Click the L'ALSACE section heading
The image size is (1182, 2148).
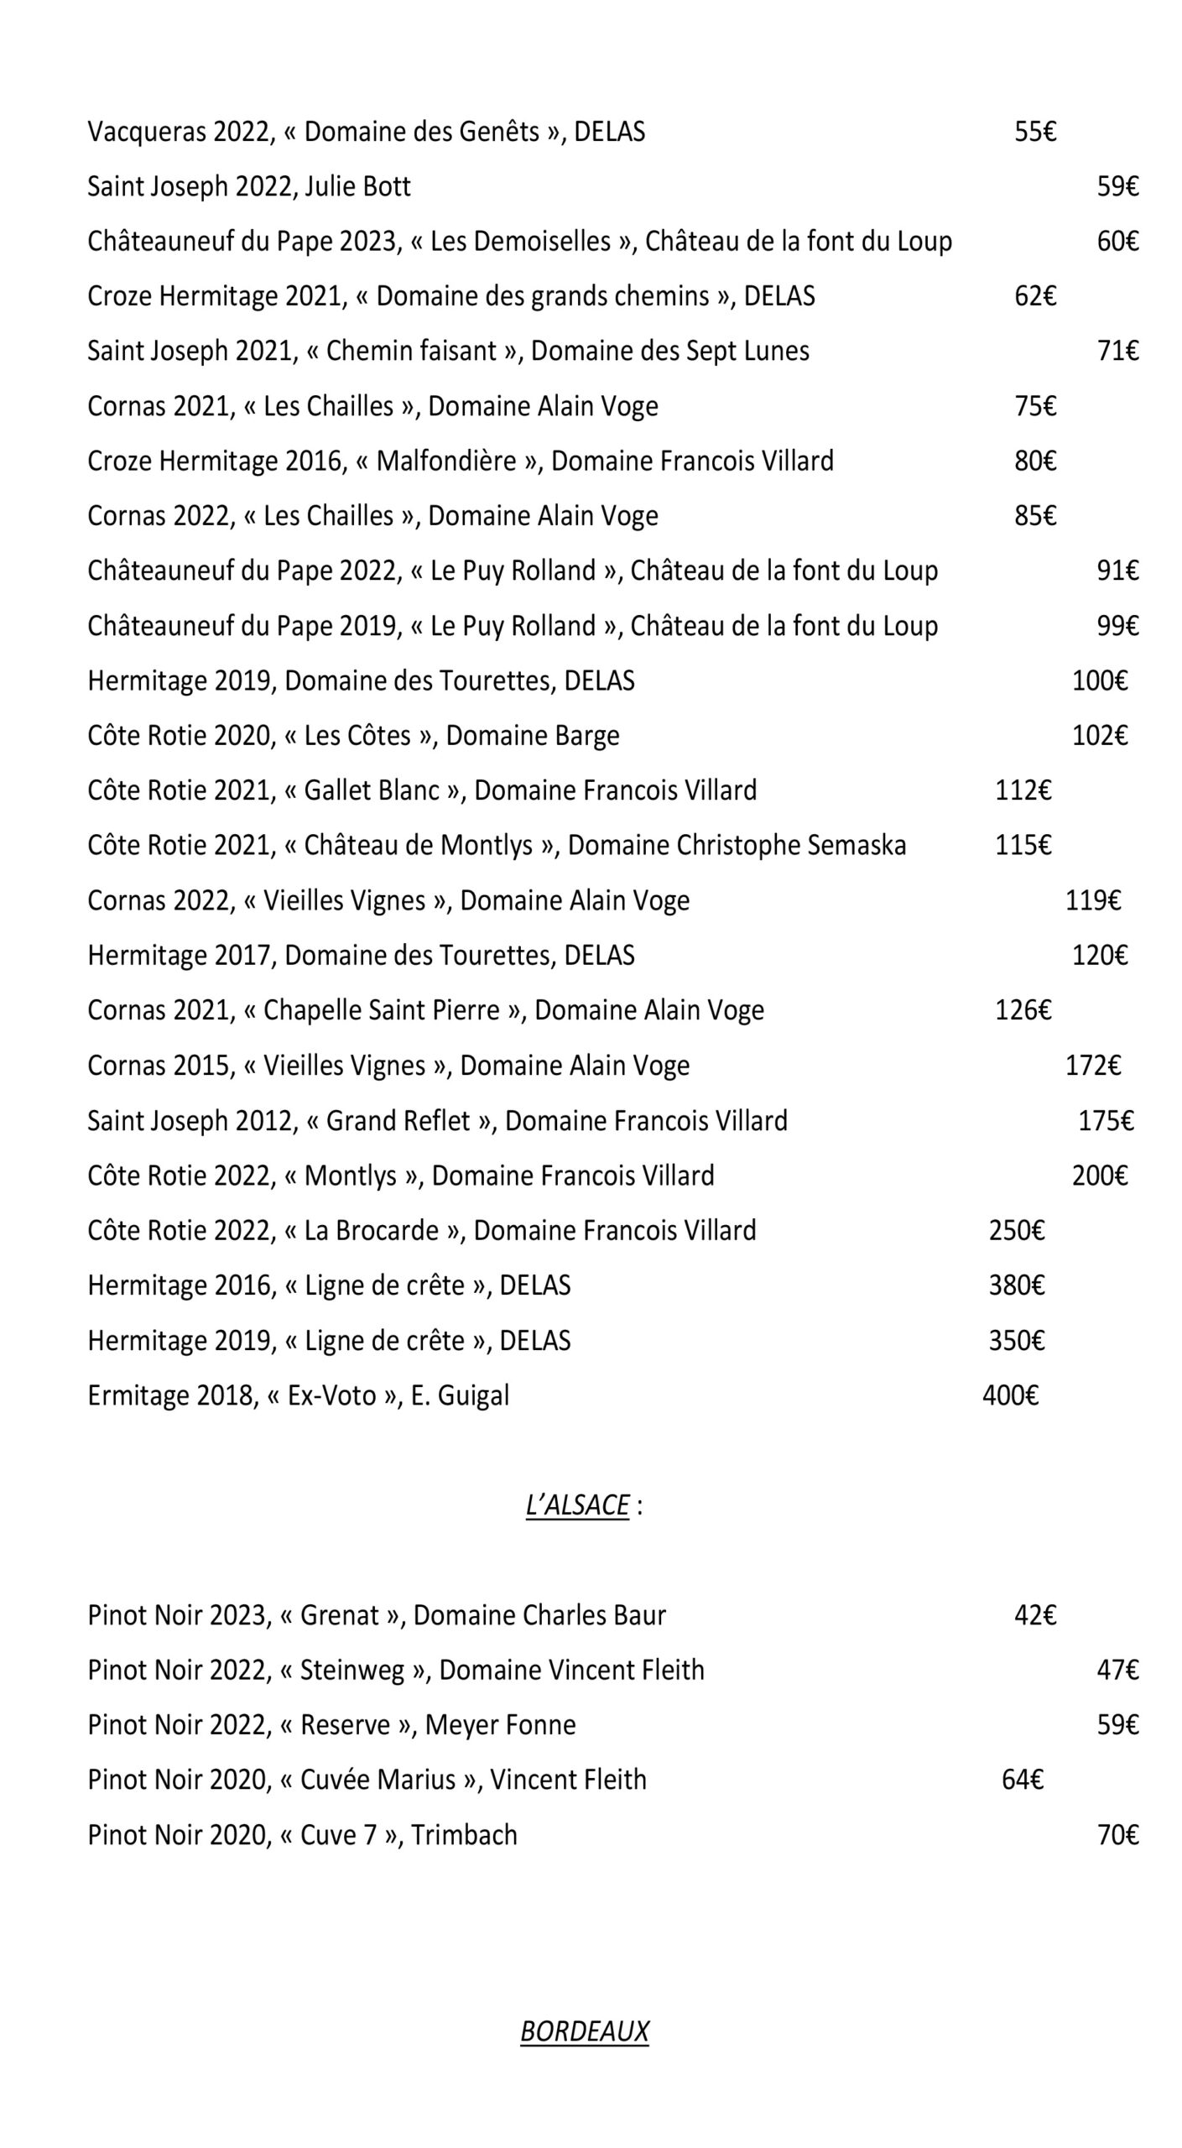[x=577, y=1505]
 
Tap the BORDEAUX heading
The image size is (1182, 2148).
[x=584, y=2031]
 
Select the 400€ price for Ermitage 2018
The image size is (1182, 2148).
[x=1010, y=1395]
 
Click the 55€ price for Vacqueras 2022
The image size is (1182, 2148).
[x=1034, y=132]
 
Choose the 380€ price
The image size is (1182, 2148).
[x=1016, y=1285]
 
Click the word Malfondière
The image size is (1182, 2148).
[x=445, y=461]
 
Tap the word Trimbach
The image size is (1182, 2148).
[x=464, y=1835]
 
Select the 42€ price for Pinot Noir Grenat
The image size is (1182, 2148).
[x=1034, y=1615]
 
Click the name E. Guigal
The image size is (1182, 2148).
[x=460, y=1395]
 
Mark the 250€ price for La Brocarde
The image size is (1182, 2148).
[x=1016, y=1231]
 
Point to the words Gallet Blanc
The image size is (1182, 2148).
[x=372, y=790]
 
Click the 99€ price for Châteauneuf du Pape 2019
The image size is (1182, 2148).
[x=1117, y=626]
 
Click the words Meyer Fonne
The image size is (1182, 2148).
[x=500, y=1725]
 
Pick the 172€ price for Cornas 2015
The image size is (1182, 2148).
[x=1092, y=1066]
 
